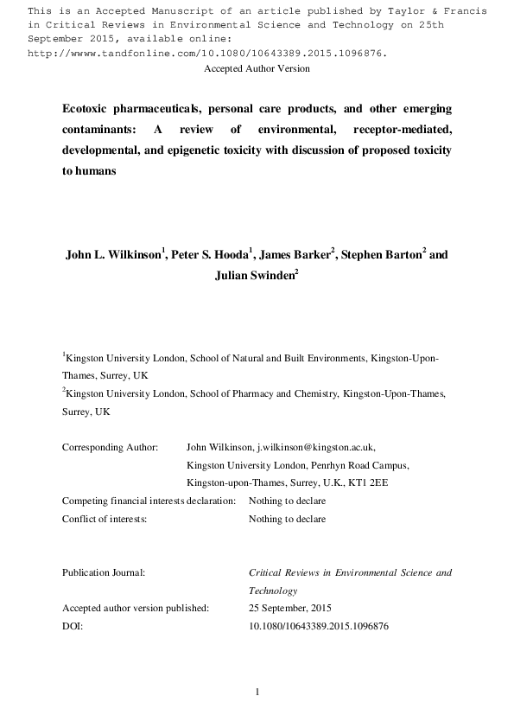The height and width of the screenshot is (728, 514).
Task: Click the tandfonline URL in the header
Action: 207,53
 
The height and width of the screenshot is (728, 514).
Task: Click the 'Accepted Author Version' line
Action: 257,68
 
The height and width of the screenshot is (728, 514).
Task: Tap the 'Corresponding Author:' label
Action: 110,447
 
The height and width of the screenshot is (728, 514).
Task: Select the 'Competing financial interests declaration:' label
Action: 149,501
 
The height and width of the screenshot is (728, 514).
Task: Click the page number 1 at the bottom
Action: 257,692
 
